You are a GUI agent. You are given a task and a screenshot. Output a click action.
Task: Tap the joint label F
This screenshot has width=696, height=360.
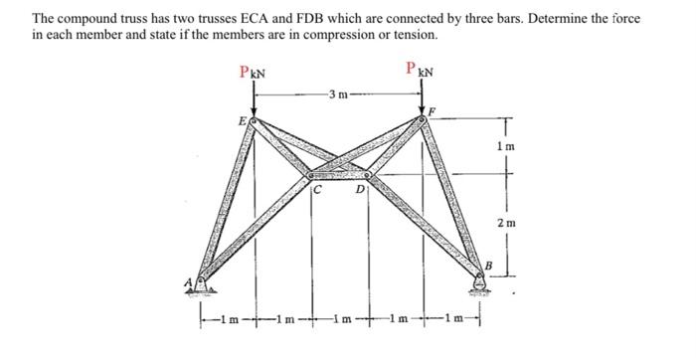tap(434, 109)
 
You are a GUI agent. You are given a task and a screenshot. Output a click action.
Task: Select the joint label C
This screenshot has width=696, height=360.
tap(317, 191)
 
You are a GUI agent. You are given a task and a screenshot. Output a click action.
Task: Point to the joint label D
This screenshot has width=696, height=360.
tap(362, 191)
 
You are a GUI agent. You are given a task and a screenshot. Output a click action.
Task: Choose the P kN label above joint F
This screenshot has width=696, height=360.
tap(418, 69)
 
